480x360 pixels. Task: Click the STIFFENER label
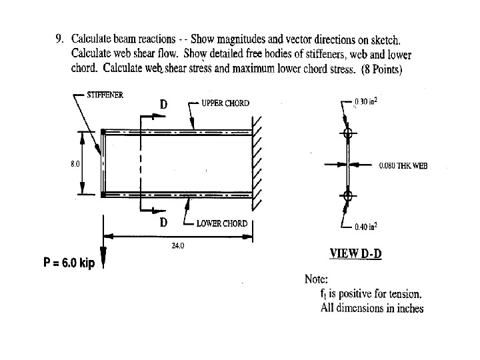pos(105,95)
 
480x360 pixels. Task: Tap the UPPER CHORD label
pos(225,103)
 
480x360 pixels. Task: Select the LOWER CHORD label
pos(221,223)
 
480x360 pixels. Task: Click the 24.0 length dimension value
pos(177,246)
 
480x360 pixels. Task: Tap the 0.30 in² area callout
pos(366,102)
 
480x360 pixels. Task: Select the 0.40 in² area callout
pos(366,227)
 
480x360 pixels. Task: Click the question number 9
pos(58,38)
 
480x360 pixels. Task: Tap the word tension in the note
pos(405,294)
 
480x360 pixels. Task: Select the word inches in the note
pos(408,308)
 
